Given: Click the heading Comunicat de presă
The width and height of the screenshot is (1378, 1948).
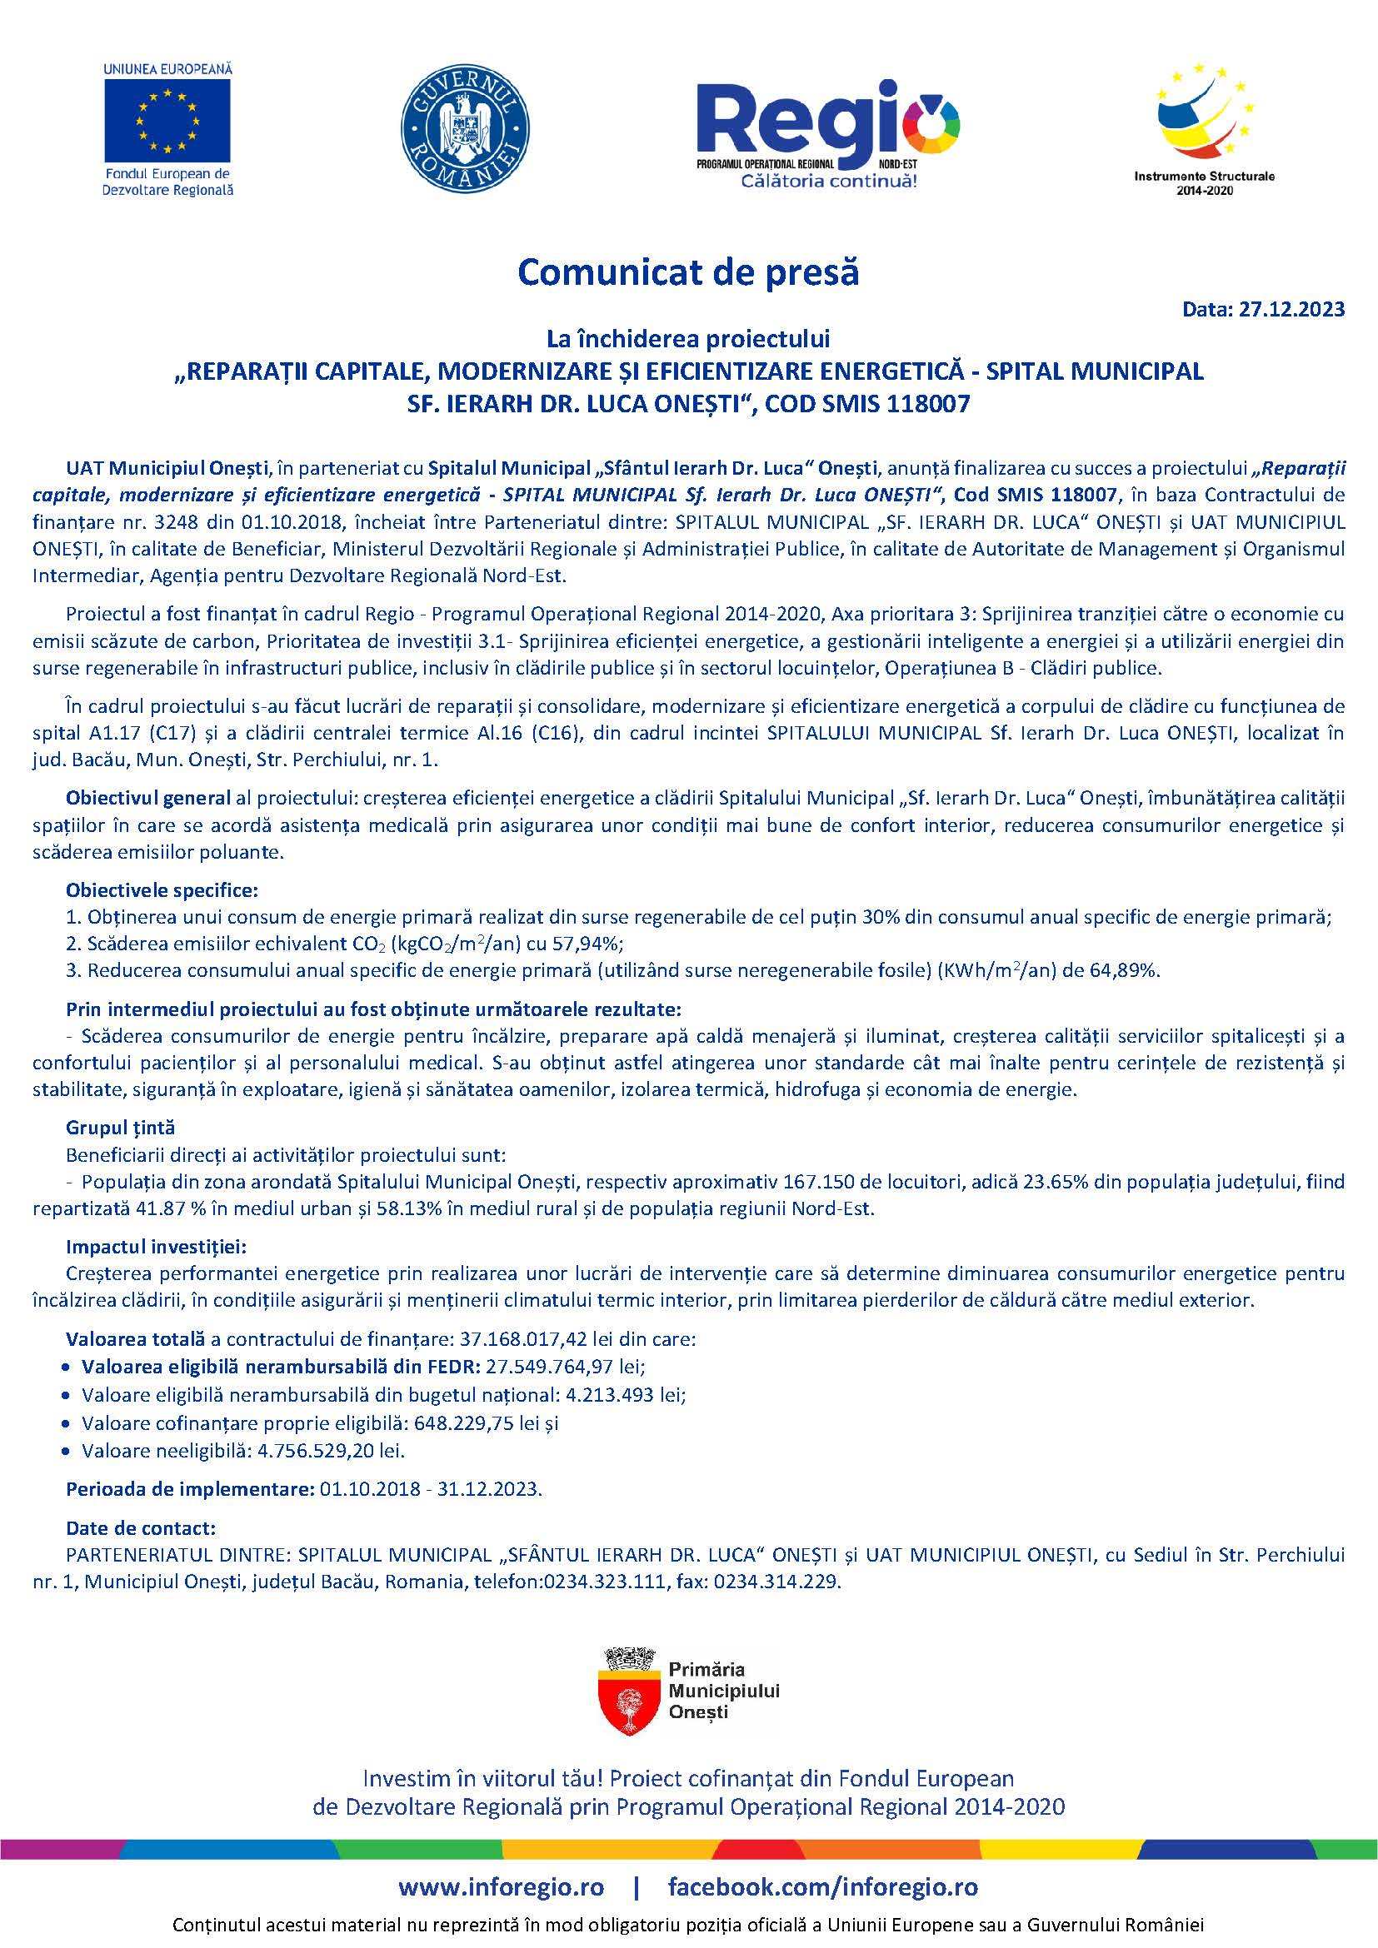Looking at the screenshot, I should coord(688,272).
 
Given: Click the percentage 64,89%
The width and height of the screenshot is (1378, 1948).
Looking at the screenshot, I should coord(1130,970).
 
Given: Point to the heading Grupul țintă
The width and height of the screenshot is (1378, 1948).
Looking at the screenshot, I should coord(121,1128).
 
